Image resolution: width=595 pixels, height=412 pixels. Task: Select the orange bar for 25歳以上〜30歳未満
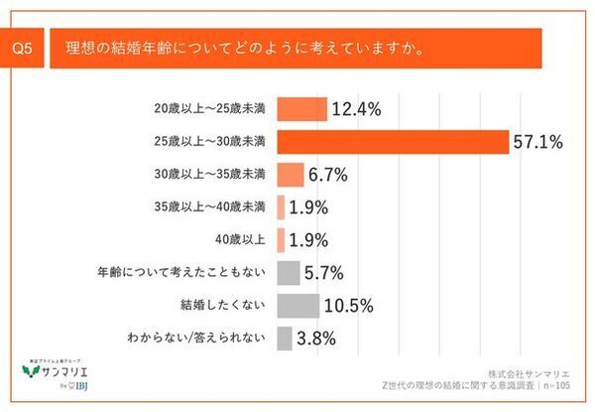coord(393,141)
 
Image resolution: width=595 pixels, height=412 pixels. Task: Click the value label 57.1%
coord(538,142)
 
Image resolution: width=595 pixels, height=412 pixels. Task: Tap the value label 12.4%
coord(357,108)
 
